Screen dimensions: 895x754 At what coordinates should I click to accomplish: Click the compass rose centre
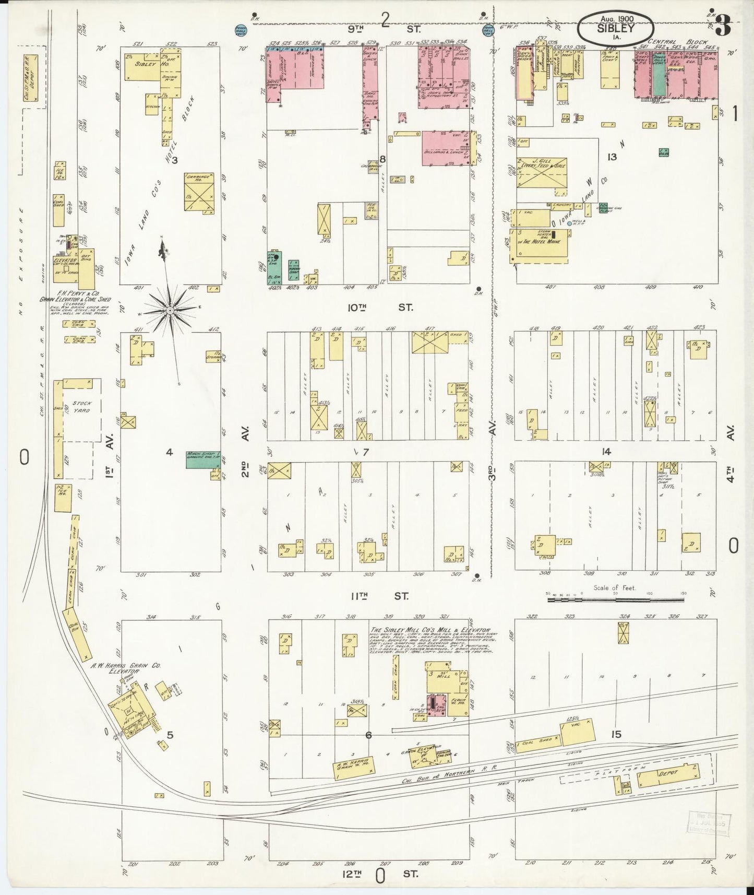point(170,310)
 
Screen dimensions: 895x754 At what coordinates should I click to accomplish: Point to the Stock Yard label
point(81,407)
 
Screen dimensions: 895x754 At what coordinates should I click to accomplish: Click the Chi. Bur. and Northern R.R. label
point(444,771)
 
